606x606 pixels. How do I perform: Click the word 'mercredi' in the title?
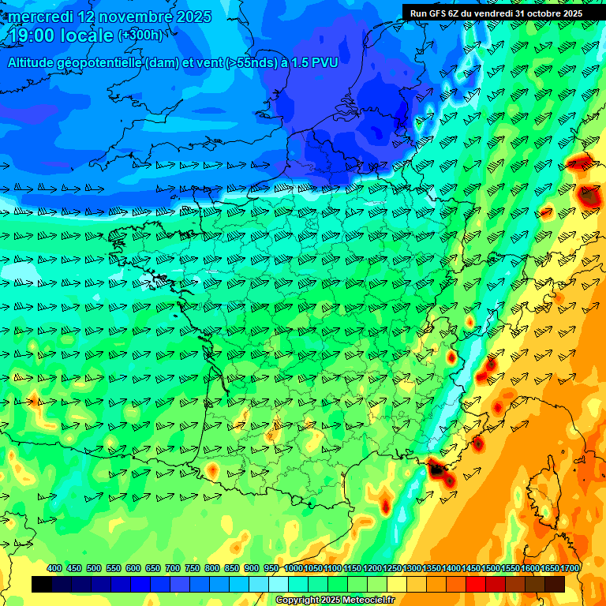pos(39,17)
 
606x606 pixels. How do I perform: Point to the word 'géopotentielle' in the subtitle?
pos(100,62)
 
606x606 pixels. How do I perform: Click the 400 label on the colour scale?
pos(54,568)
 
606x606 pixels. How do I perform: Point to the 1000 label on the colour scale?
pos(293,568)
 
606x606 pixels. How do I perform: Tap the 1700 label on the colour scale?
pos(569,568)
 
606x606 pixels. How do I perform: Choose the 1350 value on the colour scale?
pos(431,568)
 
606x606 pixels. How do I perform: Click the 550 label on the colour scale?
pos(114,568)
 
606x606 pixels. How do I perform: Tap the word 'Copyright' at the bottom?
pos(297,600)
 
